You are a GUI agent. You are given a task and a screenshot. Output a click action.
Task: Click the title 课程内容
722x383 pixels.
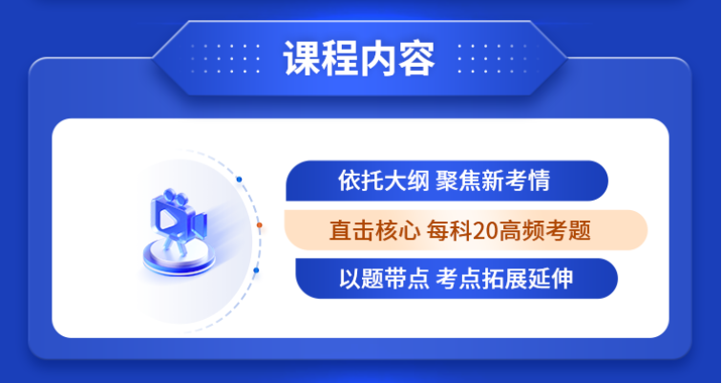[x=359, y=59]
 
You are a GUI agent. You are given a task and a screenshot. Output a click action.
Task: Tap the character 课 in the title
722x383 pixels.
[x=302, y=59]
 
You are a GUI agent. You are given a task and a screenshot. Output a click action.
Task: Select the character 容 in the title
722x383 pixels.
[x=416, y=59]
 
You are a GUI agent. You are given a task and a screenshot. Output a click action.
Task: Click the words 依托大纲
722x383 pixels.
[x=380, y=181]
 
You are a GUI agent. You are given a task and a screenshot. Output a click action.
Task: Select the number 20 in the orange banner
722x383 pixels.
[x=483, y=231]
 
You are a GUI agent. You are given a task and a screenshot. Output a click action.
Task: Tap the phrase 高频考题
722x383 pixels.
[x=542, y=230]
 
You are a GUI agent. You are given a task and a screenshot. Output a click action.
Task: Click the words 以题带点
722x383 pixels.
[x=384, y=279]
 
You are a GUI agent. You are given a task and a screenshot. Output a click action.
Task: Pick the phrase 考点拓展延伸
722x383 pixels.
[x=504, y=279]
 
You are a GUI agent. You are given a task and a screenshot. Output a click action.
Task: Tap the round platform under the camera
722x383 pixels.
[x=180, y=259]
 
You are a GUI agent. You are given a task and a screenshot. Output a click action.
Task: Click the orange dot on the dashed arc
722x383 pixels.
[x=259, y=225]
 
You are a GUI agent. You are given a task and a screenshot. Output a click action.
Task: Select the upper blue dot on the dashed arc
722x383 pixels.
[x=239, y=179]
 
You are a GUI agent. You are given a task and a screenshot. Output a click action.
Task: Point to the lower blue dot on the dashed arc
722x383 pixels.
[x=256, y=270]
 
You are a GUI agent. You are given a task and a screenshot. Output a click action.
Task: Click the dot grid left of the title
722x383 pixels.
[x=225, y=58]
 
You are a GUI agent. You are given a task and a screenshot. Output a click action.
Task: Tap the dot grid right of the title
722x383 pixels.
[x=492, y=58]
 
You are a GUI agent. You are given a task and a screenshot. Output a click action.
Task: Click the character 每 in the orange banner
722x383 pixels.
[x=436, y=230]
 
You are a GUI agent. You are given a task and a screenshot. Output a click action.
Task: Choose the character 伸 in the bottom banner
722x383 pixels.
[x=563, y=279]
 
